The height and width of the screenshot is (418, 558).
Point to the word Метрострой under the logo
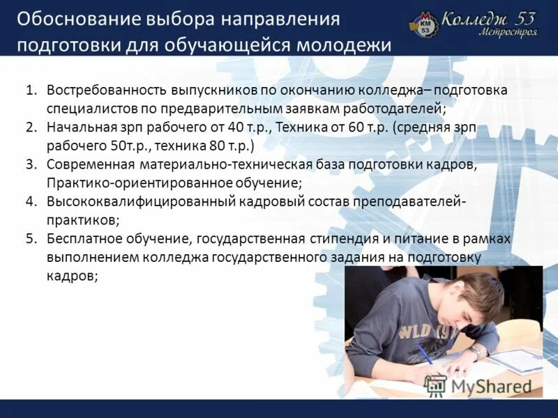click(508, 33)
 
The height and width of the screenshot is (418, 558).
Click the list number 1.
click(31, 91)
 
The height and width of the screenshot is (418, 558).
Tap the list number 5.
click(31, 239)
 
